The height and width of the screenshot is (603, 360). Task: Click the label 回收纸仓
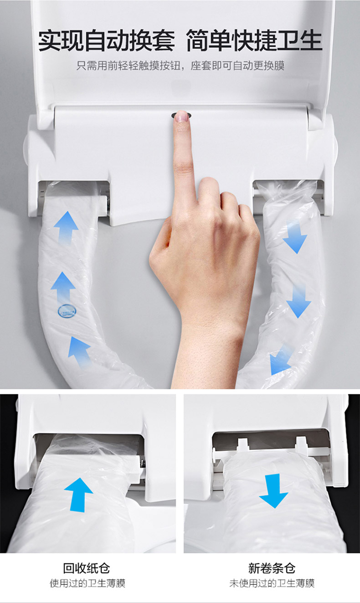click(87, 568)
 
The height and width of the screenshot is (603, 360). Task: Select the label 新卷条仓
click(272, 568)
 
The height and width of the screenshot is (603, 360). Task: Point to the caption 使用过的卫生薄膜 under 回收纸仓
click(87, 583)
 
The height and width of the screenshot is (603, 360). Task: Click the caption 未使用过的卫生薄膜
click(272, 583)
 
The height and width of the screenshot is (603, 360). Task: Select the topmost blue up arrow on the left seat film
click(66, 228)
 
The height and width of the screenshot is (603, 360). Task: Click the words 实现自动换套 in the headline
click(106, 41)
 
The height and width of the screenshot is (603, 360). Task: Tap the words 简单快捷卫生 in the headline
click(254, 41)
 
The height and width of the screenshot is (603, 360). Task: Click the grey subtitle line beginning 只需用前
click(180, 66)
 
